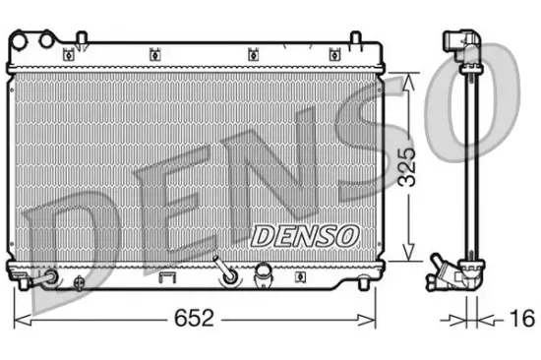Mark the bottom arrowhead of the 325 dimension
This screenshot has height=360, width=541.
pos(406,259)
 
